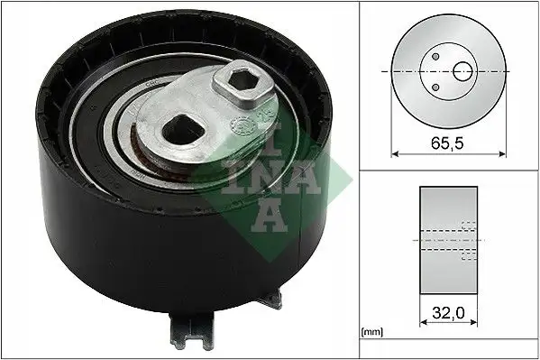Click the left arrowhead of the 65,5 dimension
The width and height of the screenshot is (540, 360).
coord(393,153)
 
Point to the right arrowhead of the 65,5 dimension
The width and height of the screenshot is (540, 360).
coord(504,153)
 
